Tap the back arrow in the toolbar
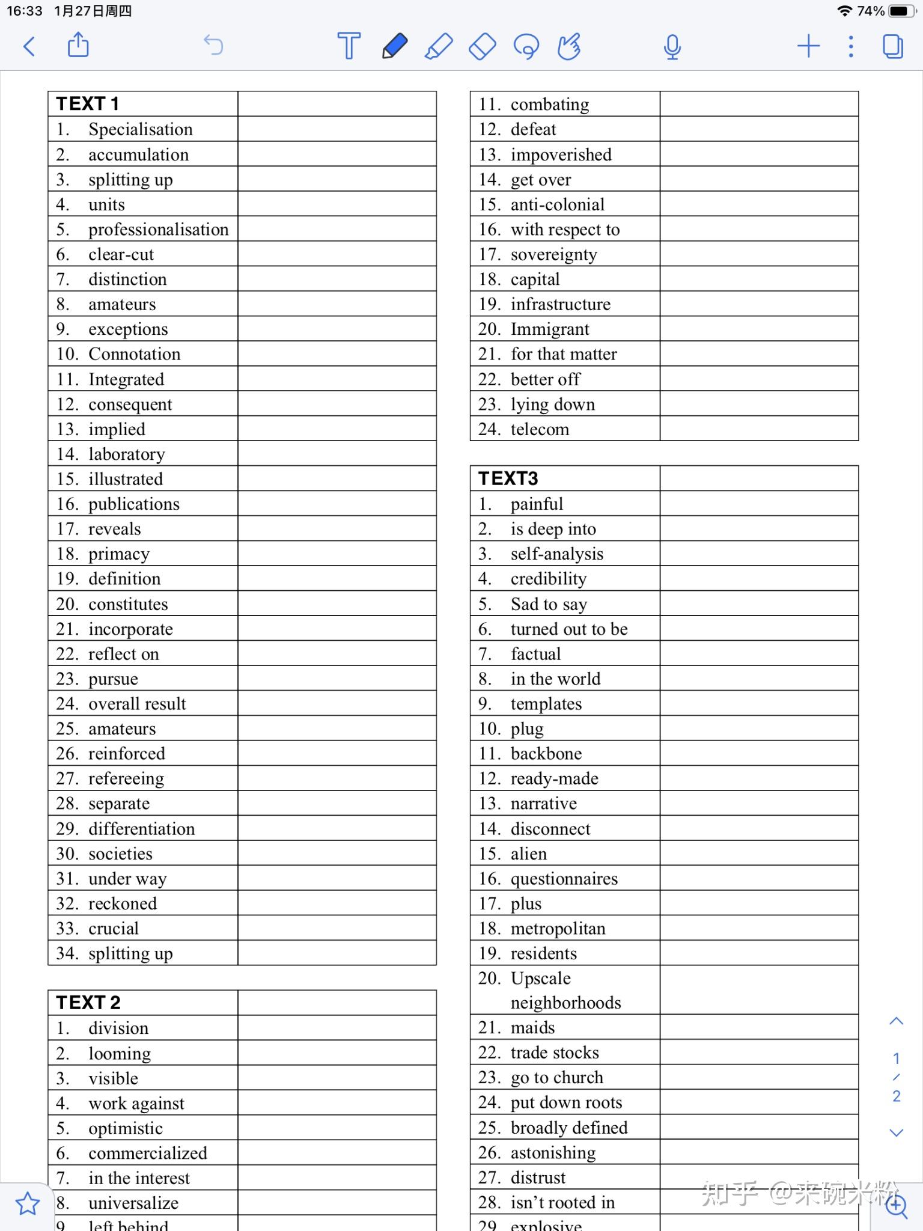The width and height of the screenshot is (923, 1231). click(x=29, y=46)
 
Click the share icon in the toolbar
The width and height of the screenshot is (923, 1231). click(x=78, y=46)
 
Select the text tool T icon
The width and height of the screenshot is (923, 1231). click(x=349, y=46)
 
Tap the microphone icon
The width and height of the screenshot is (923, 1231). click(x=672, y=47)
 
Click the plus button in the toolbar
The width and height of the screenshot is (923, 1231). click(x=808, y=46)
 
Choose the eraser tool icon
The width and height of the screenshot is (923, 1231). click(x=482, y=46)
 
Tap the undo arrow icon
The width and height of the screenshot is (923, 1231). click(x=213, y=45)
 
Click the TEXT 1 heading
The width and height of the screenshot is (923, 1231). click(x=88, y=104)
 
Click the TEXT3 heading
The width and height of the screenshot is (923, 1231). click(x=508, y=478)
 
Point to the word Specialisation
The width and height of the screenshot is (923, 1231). click(x=141, y=129)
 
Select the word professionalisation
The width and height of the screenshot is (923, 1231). click(x=159, y=229)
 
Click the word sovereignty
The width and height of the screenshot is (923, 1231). click(x=553, y=254)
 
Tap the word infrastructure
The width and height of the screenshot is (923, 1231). click(x=560, y=304)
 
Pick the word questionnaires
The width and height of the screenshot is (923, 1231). click(x=564, y=879)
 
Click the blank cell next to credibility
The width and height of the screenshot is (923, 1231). click(x=758, y=578)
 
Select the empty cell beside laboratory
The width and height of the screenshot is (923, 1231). click(x=337, y=454)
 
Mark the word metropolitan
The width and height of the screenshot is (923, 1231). click(x=558, y=929)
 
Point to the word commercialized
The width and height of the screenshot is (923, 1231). click(x=148, y=1153)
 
